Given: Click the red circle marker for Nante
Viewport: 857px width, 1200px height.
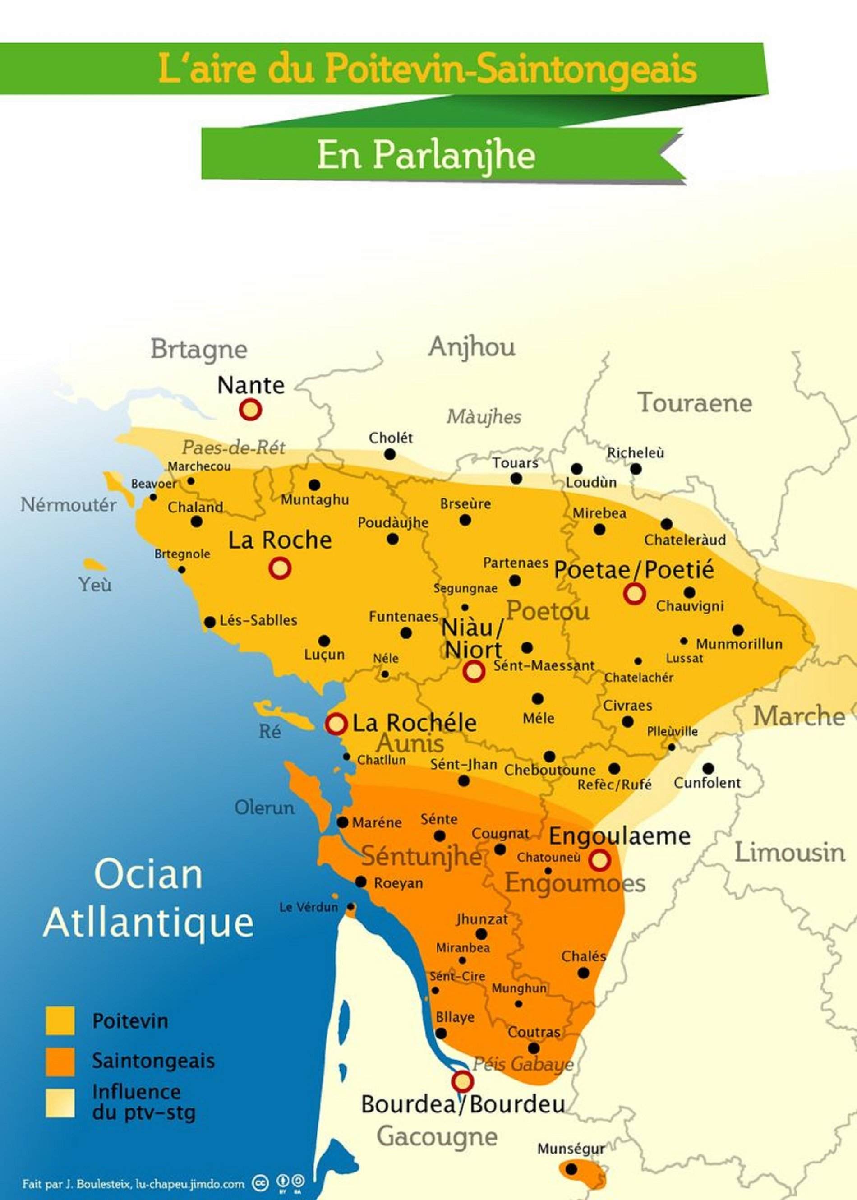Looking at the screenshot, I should [x=251, y=409].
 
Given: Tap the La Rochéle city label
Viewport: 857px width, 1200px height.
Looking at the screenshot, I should [x=414, y=723].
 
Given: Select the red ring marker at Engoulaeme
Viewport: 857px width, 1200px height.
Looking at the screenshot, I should [x=599, y=860].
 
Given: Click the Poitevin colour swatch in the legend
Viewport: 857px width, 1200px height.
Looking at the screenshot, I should [x=60, y=1020].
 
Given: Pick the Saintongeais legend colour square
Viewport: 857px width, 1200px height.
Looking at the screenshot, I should [x=60, y=1061].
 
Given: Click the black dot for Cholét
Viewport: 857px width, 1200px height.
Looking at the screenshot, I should [x=389, y=454].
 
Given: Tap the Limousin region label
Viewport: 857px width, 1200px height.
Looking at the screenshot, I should [x=789, y=853].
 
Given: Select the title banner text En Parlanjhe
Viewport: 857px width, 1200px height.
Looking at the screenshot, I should [x=426, y=156].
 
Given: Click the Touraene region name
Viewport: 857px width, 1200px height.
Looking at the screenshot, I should [x=695, y=403].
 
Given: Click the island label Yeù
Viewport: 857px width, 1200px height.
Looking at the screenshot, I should [x=95, y=585].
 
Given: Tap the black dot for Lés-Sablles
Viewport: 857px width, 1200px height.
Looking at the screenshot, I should [x=209, y=622].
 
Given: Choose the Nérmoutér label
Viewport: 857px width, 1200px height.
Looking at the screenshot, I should [x=69, y=505].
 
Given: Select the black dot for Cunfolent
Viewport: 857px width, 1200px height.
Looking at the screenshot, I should [x=708, y=768].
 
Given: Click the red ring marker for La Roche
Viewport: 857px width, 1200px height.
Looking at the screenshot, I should [x=280, y=569].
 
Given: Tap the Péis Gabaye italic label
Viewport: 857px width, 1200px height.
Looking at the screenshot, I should [x=522, y=1064].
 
